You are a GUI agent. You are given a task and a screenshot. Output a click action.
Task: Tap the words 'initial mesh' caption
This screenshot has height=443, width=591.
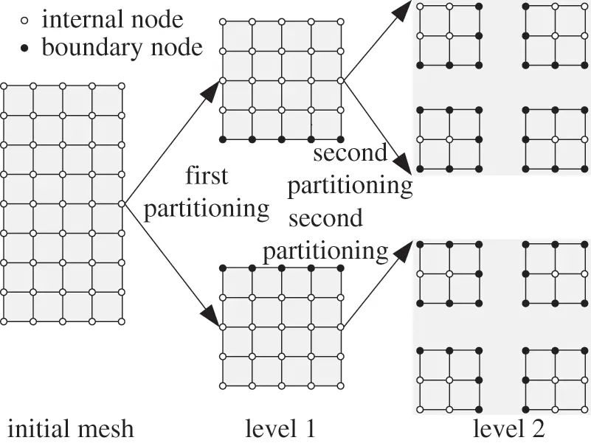click(x=71, y=427)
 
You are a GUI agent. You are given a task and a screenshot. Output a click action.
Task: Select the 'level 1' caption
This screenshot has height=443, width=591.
click(x=280, y=427)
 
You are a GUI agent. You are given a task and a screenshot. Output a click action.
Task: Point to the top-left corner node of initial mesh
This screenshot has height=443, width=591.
click(x=4, y=86)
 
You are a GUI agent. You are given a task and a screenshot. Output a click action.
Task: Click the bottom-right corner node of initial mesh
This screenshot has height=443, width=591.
click(x=122, y=321)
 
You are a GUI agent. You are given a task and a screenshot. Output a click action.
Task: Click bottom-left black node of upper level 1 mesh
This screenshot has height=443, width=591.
click(x=223, y=139)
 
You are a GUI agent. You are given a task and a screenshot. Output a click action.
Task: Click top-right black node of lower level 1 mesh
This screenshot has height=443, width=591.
click(x=340, y=268)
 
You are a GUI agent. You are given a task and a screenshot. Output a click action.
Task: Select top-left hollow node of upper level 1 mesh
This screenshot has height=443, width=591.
click(x=223, y=22)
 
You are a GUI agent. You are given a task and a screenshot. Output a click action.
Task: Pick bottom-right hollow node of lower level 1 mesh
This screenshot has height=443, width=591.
click(x=340, y=386)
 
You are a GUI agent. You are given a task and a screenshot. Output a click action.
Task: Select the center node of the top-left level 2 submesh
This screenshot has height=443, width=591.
click(x=449, y=35)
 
